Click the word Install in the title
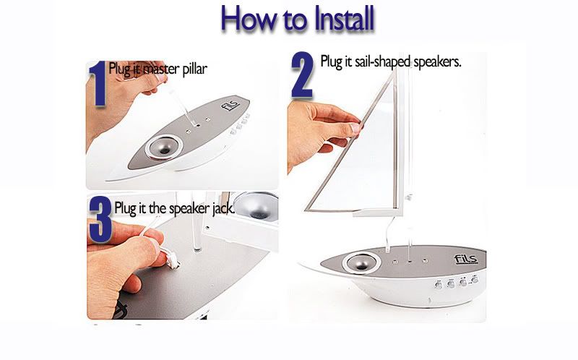click(344, 19)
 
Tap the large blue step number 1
click(98, 84)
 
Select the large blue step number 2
click(302, 75)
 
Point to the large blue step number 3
click(100, 220)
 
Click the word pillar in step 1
click(194, 69)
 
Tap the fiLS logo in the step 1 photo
click(230, 105)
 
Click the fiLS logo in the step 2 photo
click(466, 259)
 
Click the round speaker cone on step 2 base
click(361, 262)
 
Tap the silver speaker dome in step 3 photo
click(256, 206)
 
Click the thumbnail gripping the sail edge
click(355, 128)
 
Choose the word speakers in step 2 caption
click(437, 61)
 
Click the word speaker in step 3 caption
click(189, 209)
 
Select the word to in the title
click(295, 21)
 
